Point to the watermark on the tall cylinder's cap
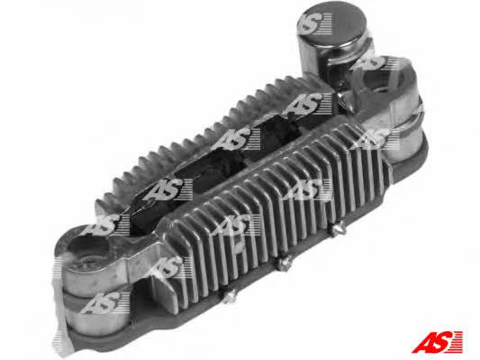(x=314, y=23)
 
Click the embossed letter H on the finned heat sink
(x=240, y=248)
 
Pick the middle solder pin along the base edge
(x=285, y=263)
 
